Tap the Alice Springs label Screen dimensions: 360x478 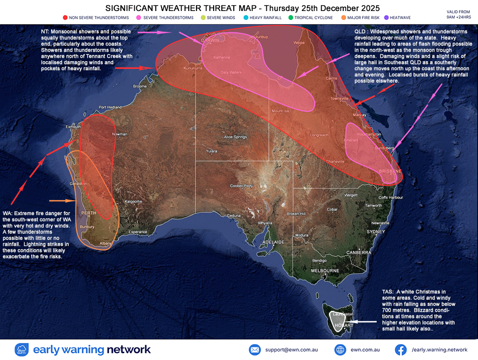point(235,137)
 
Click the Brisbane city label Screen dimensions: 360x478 point(390,171)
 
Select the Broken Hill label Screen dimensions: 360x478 point(296,214)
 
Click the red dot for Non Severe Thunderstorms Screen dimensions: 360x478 point(65,18)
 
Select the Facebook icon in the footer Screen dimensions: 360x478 point(400,349)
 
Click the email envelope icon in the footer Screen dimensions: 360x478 point(255,349)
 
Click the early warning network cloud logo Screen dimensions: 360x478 point(22,349)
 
